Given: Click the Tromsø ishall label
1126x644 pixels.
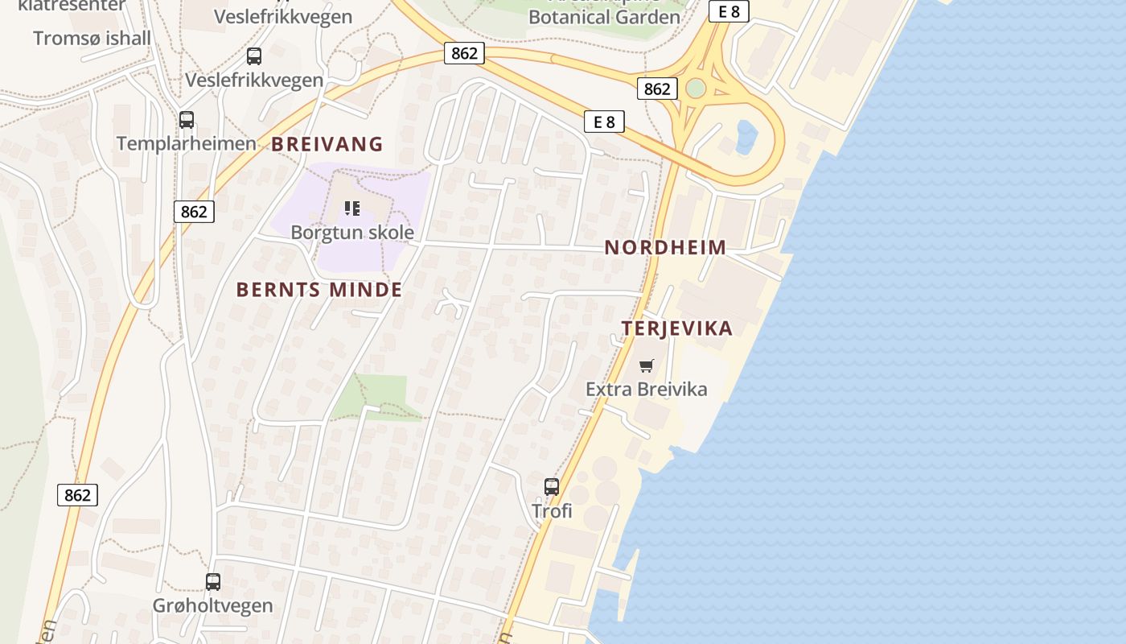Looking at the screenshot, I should tap(92, 38).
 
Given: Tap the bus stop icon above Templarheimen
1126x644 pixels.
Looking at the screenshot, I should tap(187, 120).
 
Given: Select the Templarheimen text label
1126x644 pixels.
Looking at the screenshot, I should tap(187, 143).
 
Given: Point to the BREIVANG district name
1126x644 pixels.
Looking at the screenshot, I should tap(327, 144).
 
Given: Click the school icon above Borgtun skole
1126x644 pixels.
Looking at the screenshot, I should tap(351, 208).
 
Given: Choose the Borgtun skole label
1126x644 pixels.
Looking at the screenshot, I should tap(352, 233).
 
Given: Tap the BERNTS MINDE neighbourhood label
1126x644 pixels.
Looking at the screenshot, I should tap(319, 290).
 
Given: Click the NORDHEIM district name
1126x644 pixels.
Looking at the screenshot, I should tap(665, 247).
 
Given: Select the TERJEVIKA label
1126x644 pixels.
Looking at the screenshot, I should tap(677, 328).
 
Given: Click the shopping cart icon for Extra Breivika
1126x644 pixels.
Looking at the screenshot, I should tap(646, 366).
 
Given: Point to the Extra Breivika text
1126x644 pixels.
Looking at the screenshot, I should tap(647, 390).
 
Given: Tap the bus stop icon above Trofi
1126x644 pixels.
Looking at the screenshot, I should tap(552, 486).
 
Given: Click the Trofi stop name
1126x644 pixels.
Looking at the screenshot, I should tap(552, 510).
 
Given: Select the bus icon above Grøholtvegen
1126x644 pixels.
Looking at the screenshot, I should tap(213, 581).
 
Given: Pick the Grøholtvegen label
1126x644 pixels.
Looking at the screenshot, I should tap(213, 605).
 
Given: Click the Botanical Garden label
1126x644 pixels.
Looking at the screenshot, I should tap(604, 16).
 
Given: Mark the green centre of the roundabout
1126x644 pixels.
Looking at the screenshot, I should tap(696, 88).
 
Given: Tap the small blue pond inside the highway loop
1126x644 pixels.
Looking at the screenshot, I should tap(746, 135).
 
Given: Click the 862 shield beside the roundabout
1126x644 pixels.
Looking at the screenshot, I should tap(657, 89).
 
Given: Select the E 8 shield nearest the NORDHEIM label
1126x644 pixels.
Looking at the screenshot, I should tap(604, 122).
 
